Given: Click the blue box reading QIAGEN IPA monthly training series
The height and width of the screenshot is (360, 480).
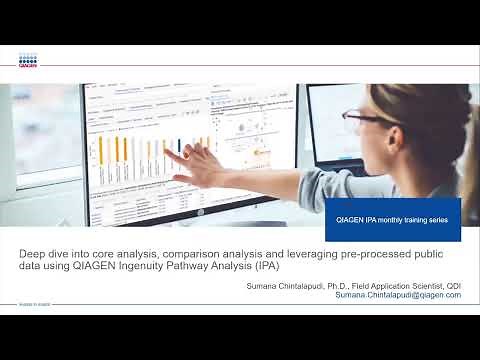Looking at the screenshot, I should (393, 218).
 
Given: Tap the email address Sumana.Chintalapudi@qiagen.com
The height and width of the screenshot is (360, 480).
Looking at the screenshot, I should (398, 296).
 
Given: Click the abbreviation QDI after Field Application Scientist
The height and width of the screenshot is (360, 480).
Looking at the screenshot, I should (452, 286).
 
